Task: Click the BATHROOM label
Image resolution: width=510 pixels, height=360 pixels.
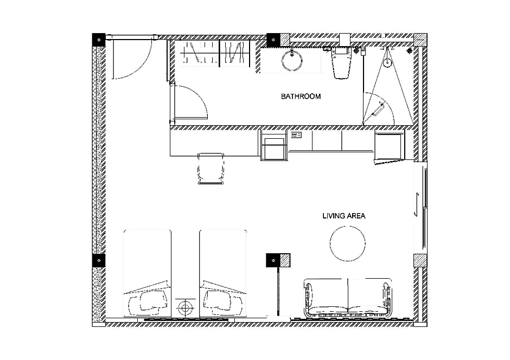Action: (301, 96)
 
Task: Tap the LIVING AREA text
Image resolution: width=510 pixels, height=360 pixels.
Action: (344, 216)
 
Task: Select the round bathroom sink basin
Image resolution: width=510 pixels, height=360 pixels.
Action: (292, 61)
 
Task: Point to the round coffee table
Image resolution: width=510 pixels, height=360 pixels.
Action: (347, 243)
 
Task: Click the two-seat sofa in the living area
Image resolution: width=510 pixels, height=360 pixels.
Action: (348, 298)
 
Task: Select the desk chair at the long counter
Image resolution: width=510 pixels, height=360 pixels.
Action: (211, 168)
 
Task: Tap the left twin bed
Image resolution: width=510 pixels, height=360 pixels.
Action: (148, 273)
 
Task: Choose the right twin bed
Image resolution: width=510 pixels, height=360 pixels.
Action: (223, 273)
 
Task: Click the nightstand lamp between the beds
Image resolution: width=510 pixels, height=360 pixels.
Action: (186, 307)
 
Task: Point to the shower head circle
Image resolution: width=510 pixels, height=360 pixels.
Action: (387, 62)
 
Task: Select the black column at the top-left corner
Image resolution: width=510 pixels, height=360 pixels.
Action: (99, 40)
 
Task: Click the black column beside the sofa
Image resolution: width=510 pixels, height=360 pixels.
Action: (273, 260)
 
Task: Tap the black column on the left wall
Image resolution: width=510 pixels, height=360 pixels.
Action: (99, 260)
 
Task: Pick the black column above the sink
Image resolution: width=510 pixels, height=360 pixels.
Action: (273, 40)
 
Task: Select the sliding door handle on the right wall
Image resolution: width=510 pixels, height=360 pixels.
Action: (416, 204)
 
